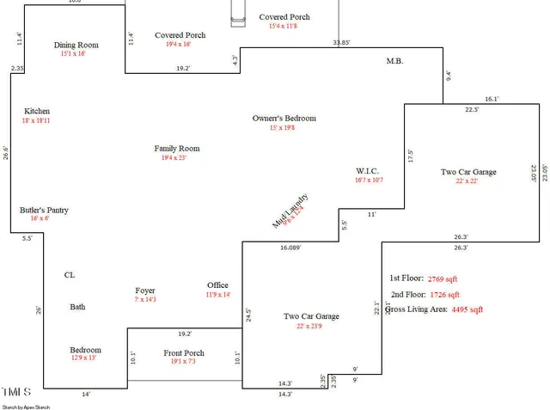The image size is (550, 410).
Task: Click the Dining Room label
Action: (x=76, y=46)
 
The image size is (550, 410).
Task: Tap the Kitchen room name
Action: (x=37, y=111)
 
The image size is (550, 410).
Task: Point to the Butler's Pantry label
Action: (x=44, y=210)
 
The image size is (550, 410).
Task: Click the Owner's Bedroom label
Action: (x=284, y=118)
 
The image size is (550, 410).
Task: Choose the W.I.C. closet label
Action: (x=368, y=170)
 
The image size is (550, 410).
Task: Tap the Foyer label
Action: (x=145, y=291)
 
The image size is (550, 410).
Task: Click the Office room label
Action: (x=218, y=285)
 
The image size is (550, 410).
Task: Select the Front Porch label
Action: (x=184, y=352)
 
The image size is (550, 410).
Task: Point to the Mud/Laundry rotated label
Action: (x=290, y=211)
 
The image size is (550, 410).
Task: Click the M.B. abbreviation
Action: (x=395, y=61)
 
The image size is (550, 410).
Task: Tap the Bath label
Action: (x=78, y=307)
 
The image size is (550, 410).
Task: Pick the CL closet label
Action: (x=70, y=275)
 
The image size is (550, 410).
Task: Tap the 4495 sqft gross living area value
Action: (x=467, y=309)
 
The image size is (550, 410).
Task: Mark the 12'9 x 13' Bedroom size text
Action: (x=84, y=358)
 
